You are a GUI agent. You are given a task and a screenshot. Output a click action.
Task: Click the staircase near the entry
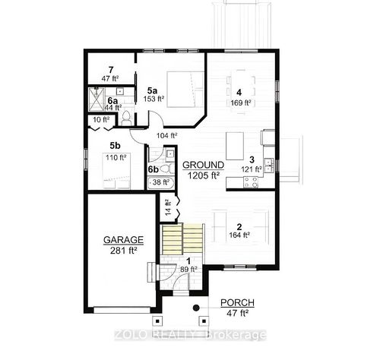(x=182, y=241)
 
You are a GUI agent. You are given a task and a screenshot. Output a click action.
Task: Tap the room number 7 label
(x=110, y=70)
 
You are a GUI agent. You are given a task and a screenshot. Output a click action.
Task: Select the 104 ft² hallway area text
(x=166, y=135)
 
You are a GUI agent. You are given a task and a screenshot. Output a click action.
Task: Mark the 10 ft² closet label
(x=101, y=119)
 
